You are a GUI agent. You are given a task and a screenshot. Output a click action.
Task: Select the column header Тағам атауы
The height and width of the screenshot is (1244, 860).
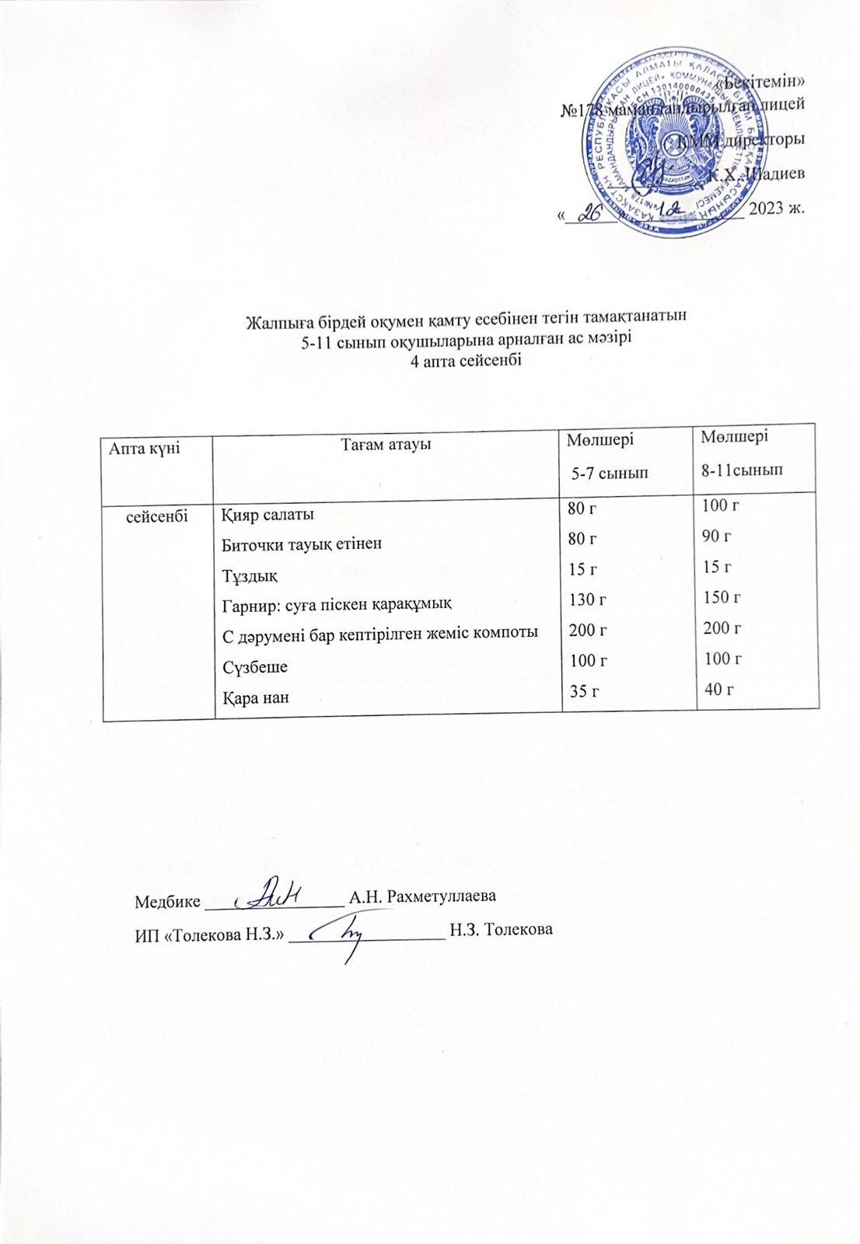coord(386,445)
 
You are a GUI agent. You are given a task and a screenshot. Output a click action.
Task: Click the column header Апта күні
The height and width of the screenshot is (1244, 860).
coord(145,448)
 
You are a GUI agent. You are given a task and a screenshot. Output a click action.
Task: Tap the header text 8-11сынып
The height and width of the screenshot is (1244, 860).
coord(742,470)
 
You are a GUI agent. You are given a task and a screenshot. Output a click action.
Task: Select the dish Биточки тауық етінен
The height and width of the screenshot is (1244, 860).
coord(302,543)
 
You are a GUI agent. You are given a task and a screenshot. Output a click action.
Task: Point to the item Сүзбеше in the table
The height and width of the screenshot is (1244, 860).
coord(255,667)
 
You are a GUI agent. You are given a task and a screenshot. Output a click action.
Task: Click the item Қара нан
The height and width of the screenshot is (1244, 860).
coord(255,697)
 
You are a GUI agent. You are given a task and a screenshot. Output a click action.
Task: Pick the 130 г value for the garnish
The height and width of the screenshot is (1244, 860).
coord(587,599)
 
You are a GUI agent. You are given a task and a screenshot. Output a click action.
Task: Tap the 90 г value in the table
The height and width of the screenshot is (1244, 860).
coord(718,536)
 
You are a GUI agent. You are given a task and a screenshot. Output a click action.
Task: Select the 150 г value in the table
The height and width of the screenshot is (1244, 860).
coord(721,597)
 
